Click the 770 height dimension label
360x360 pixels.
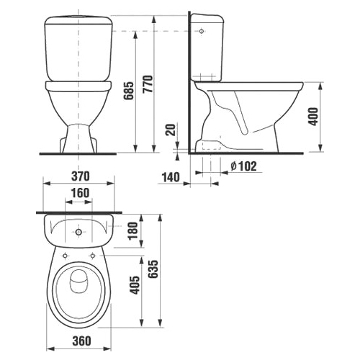(x=148, y=84)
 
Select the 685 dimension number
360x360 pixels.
(x=128, y=91)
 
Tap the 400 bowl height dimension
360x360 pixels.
(x=313, y=117)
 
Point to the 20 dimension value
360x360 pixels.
(x=171, y=130)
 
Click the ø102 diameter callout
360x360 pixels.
(x=243, y=166)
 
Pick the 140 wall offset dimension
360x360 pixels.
(x=171, y=177)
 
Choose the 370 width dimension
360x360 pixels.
(x=81, y=176)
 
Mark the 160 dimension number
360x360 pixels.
(x=81, y=193)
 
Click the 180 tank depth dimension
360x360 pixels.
(x=133, y=230)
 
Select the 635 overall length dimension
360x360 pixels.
(x=153, y=269)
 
